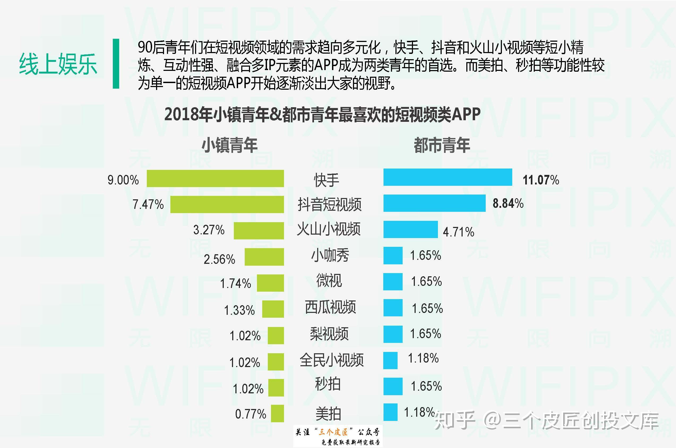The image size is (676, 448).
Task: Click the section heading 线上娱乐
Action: [x=58, y=64]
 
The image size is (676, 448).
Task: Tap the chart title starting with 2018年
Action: [x=322, y=115]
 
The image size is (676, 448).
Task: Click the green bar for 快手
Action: [x=215, y=179]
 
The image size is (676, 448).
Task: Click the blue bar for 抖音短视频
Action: [x=434, y=203]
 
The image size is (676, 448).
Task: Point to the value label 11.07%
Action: [x=541, y=180]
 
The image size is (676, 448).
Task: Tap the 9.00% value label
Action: [x=123, y=180]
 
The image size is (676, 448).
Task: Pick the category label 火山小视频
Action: [x=329, y=229]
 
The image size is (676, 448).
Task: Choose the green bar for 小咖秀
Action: [x=264, y=257]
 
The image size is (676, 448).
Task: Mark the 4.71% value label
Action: [x=458, y=232]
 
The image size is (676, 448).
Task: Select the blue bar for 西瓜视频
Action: [x=393, y=308]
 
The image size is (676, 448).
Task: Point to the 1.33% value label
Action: [x=239, y=310]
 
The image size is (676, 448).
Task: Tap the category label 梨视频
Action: [x=329, y=334]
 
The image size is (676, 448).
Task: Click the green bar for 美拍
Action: [x=277, y=413]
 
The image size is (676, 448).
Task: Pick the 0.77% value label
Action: [x=251, y=414]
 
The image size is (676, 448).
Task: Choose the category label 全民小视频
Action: [x=331, y=360]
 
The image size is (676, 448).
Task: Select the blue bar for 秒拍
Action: [x=393, y=386]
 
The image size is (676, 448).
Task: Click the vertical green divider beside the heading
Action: [x=116, y=64]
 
